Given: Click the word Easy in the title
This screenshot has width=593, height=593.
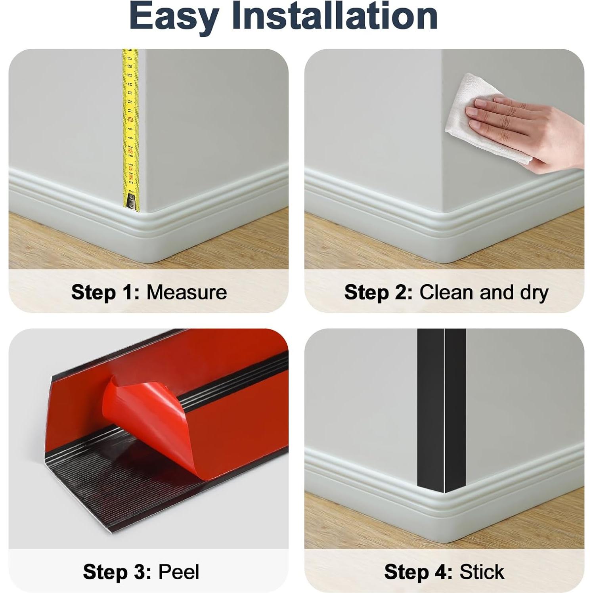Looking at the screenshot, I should (174, 17).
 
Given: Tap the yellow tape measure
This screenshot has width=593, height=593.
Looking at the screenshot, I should (130, 99).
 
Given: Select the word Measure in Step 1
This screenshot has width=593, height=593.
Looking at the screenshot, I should (187, 293).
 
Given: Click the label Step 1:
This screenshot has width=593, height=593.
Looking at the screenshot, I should (105, 293).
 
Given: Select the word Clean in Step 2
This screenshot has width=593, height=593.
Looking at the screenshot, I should (447, 293).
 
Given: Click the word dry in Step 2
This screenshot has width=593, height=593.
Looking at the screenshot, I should (534, 293).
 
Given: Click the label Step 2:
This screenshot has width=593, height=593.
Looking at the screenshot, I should (378, 293).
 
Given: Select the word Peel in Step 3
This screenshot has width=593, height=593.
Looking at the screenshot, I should (179, 572).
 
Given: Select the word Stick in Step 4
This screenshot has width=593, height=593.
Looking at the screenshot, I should (482, 572).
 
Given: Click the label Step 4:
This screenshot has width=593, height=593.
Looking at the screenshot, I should (418, 572).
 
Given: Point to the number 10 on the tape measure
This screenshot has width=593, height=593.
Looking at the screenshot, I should (130, 119).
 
